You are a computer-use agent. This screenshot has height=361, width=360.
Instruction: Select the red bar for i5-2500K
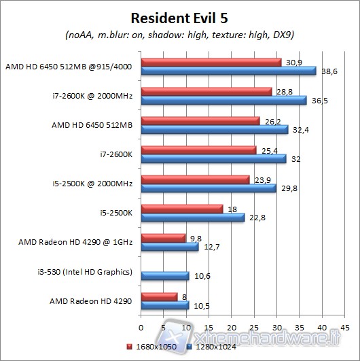tap(181, 209)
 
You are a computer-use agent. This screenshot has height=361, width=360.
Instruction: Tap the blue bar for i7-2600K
tap(213, 159)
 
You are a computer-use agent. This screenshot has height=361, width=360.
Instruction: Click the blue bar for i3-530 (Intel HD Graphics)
tap(165, 275)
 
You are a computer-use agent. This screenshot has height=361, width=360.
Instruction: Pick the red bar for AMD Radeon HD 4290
tap(159, 296)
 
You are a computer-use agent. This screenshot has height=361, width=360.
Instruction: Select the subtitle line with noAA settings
tap(181, 35)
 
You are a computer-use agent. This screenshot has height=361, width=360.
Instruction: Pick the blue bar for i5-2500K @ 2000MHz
tap(208, 188)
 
